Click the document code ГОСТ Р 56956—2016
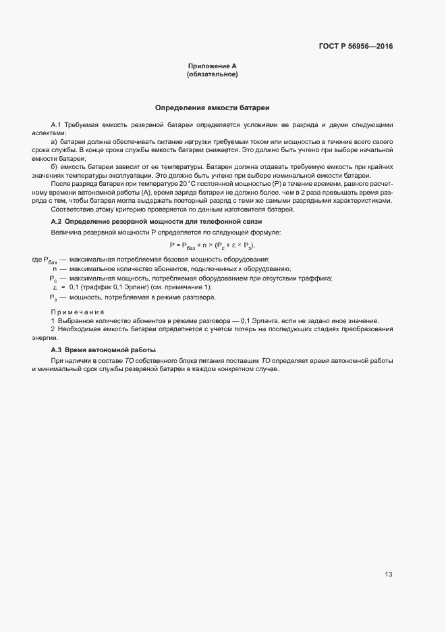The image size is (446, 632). tap(356, 47)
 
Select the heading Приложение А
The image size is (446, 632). tap(212, 66)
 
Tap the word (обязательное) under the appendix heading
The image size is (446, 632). tap(212, 74)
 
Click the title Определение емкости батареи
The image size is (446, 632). tap(213, 107)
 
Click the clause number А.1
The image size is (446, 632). tap(57, 125)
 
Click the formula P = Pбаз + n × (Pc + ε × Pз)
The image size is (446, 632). tap(213, 245)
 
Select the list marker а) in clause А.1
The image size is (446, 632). tap(54, 141)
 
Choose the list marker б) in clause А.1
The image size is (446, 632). tap(54, 166)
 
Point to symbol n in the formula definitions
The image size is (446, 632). tap(54, 268)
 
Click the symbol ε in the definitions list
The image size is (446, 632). tap(54, 287)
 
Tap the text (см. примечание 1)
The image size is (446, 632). tap(187, 287)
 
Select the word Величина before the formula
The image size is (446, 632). tap(66, 233)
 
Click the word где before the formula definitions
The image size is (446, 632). tap(37, 259)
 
